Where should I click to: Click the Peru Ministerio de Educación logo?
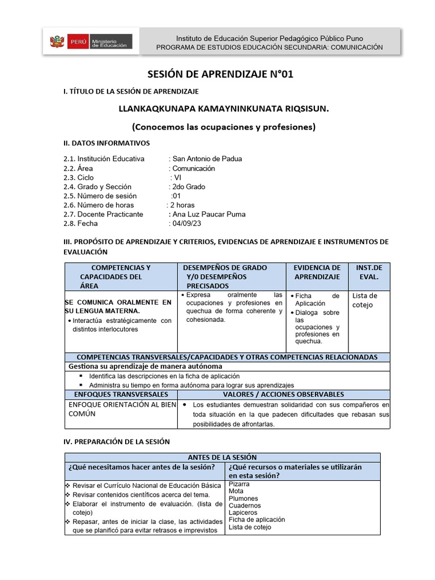click(x=91, y=41)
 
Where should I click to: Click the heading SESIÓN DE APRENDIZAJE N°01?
click(x=220, y=74)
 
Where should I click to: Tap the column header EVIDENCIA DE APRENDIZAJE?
click(x=317, y=272)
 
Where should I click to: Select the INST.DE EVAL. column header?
click(x=369, y=272)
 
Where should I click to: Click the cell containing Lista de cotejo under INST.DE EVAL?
click(x=365, y=300)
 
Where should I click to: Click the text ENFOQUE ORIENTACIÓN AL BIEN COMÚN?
click(x=122, y=410)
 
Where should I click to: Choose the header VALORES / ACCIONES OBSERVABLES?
click(x=283, y=394)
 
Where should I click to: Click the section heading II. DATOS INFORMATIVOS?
click(x=106, y=143)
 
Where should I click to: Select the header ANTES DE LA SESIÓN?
click(x=222, y=458)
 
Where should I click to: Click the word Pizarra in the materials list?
click(x=239, y=485)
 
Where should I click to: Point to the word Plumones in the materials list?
click(x=243, y=498)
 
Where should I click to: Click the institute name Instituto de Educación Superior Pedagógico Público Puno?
click(x=269, y=37)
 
